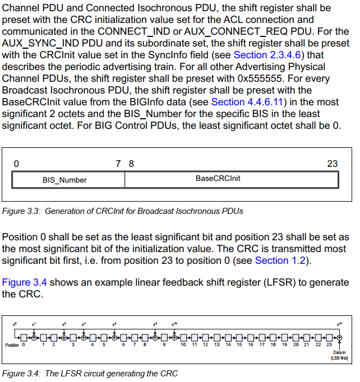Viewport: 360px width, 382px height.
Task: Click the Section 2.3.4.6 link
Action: [266, 55]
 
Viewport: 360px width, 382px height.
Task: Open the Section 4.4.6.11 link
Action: [248, 102]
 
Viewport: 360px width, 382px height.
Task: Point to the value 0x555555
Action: [231, 78]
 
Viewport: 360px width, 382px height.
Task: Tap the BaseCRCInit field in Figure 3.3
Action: [218, 179]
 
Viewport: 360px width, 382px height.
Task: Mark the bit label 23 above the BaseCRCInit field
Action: [332, 164]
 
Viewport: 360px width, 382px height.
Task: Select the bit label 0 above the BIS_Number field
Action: [16, 164]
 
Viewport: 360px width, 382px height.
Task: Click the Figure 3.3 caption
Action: [122, 212]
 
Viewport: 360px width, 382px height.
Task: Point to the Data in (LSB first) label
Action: [339, 354]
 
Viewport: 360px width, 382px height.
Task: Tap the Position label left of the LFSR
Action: [12, 345]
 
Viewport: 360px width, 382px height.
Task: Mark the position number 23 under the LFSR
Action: [329, 345]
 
